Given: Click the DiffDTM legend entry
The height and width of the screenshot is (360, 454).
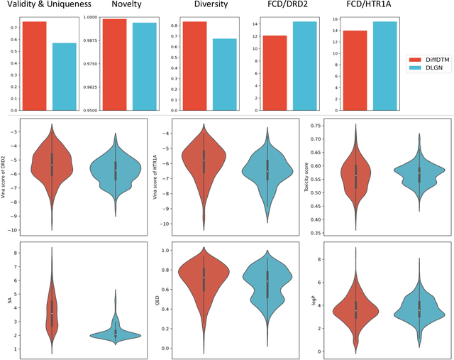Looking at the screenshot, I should (x=431, y=60).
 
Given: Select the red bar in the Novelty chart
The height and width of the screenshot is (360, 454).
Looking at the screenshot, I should (x=114, y=64).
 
